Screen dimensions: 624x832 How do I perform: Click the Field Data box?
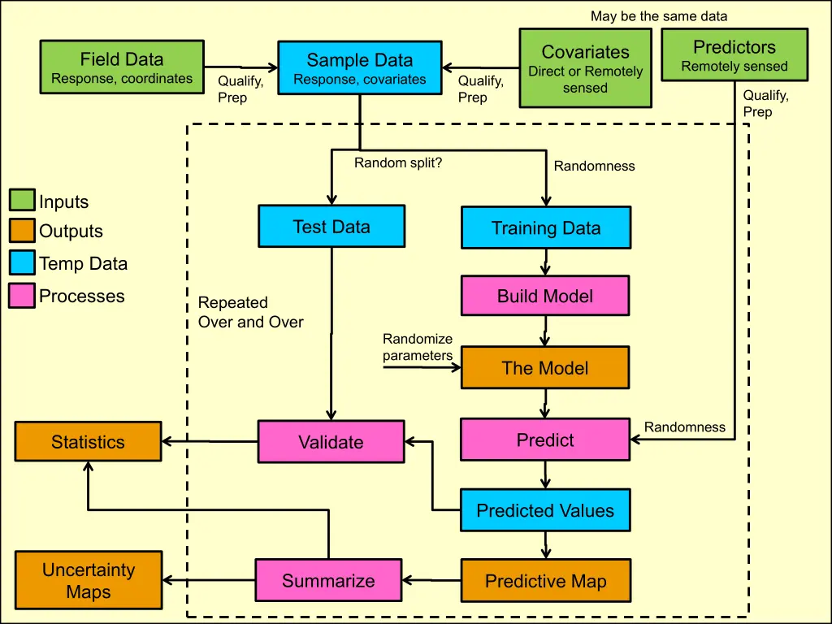tap(122, 67)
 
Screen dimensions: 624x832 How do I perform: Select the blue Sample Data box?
tap(360, 68)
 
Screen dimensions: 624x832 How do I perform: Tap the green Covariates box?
tap(585, 68)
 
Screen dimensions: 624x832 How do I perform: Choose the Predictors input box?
tap(734, 54)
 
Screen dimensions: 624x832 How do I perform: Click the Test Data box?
tap(331, 226)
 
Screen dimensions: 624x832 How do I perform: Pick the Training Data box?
tap(546, 227)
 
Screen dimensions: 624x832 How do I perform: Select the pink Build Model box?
tap(545, 296)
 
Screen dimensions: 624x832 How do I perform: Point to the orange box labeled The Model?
tap(545, 367)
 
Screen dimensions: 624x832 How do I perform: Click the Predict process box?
tap(545, 440)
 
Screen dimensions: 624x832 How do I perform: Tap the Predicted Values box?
tap(545, 510)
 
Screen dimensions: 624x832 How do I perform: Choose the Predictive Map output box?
tap(545, 581)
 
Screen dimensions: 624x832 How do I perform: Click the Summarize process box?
tap(328, 580)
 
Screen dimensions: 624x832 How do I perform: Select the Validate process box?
tap(331, 441)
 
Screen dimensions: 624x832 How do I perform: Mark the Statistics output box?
tap(89, 442)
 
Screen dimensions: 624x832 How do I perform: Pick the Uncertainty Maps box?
tap(89, 580)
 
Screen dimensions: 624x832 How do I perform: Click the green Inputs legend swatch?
tap(22, 201)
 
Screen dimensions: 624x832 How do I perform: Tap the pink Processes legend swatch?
tap(22, 295)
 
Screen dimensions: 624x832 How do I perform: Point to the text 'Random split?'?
tap(398, 162)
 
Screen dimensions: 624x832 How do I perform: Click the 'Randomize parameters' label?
tap(418, 347)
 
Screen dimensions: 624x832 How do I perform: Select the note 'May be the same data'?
tap(659, 16)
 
